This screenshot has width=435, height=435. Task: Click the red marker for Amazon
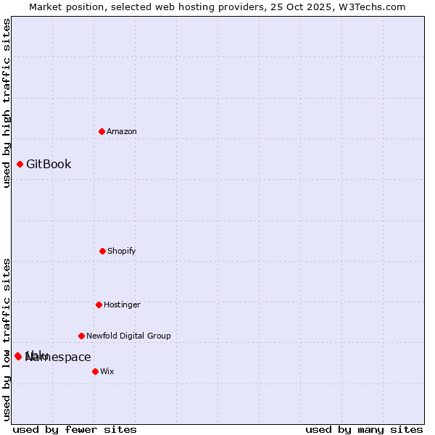pos(101,131)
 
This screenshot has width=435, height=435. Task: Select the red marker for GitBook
pos(20,164)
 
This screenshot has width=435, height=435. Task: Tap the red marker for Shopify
pos(102,251)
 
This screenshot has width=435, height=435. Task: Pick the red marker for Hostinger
pos(99,304)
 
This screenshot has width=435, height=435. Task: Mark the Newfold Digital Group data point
pos(81,336)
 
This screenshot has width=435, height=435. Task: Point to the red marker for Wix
pos(95,371)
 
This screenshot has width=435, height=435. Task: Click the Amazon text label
pos(122,131)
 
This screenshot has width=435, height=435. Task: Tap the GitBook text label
pos(49,164)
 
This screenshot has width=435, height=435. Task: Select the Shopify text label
pos(122,251)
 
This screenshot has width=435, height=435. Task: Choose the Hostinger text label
pos(122,304)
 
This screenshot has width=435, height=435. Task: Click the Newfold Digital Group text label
pos(128,336)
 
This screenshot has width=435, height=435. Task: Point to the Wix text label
pos(107,371)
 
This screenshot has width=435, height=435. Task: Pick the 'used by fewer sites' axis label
pos(75,429)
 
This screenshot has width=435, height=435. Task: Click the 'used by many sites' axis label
pos(364,429)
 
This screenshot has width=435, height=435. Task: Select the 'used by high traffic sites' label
pos(7,103)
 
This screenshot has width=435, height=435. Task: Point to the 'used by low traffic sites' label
pos(7,339)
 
